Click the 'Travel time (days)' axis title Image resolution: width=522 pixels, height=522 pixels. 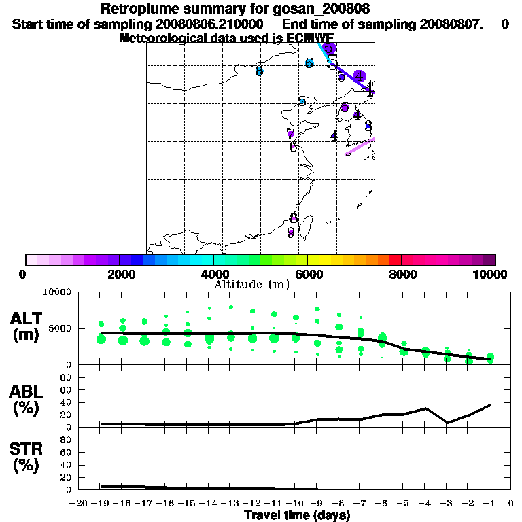(297, 516)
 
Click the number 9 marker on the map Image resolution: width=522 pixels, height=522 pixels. (291, 232)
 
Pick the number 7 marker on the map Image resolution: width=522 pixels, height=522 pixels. (290, 133)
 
